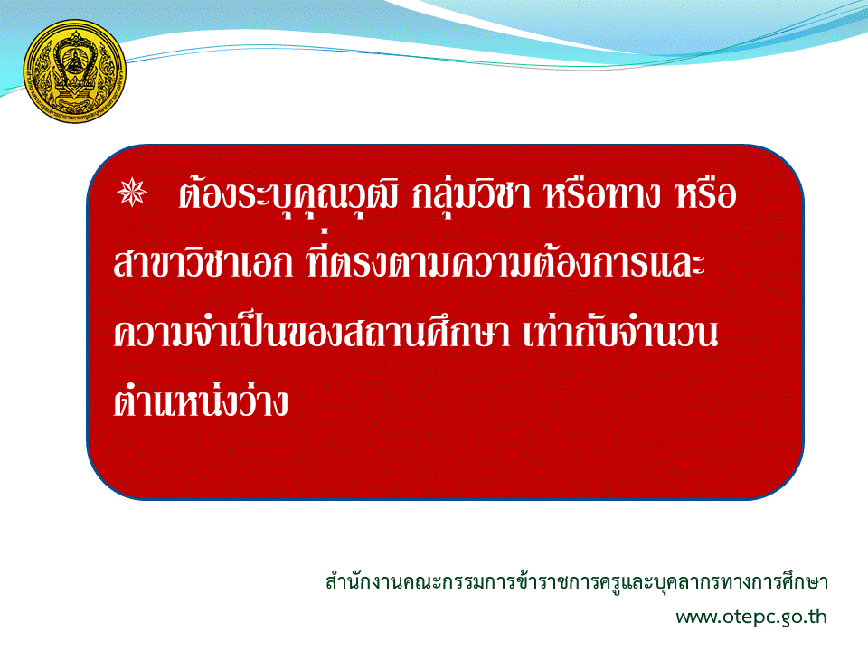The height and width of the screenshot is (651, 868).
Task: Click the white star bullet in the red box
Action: pos(132,193)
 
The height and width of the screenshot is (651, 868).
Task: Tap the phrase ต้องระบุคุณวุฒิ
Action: pos(288,195)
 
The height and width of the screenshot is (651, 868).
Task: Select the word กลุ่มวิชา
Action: pos(471,195)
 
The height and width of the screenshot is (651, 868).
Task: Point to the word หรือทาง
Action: pos(602,195)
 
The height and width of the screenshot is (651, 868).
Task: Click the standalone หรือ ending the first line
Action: pos(705,195)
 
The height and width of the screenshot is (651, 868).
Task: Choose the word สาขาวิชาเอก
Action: pos(203,262)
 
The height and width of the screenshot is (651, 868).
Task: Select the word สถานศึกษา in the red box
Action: pos(426,331)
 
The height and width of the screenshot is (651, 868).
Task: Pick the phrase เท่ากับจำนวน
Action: pos(620,331)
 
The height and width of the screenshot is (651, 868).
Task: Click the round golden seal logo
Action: pos(75,71)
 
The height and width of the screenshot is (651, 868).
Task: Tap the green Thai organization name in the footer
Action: pos(576,582)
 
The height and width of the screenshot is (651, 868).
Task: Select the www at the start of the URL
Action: pos(697,618)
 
